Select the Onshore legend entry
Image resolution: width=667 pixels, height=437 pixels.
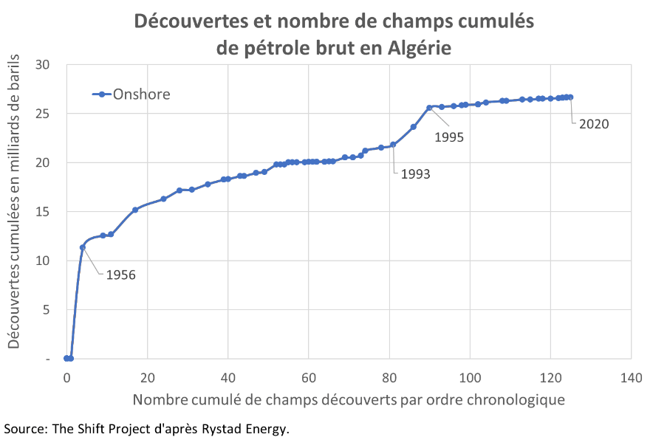click(140, 94)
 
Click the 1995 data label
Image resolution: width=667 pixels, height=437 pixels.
click(448, 137)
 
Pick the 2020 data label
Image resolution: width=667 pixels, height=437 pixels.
click(593, 124)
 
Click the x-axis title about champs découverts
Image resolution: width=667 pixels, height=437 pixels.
click(349, 400)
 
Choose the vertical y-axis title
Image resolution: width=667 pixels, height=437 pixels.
click(15, 212)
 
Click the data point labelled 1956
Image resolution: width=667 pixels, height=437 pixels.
click(83, 248)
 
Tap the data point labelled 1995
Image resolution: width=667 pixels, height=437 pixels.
click(429, 108)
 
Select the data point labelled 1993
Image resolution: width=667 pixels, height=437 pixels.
click(393, 145)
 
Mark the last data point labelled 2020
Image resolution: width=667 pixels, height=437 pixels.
click(570, 97)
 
